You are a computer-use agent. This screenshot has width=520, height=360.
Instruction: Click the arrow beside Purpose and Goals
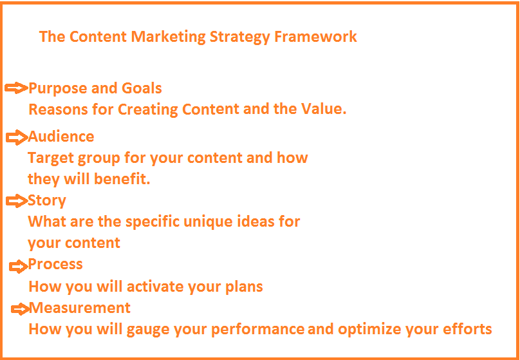pos(17,88)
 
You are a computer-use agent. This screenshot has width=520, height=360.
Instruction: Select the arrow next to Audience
pos(17,137)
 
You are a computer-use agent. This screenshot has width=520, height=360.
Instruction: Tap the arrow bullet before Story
pos(17,201)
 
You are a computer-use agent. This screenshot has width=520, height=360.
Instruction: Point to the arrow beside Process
pos(19,266)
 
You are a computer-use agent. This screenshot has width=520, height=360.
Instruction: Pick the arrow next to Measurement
pos(20,309)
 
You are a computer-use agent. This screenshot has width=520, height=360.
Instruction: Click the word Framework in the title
pos(315,36)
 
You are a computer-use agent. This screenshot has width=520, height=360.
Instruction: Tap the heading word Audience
pos(61,137)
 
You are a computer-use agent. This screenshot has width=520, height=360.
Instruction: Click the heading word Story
pos(47,201)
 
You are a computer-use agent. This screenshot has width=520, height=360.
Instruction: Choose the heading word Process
pos(55,264)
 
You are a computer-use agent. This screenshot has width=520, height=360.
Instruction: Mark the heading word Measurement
pos(80,308)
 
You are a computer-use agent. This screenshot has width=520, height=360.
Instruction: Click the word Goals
pos(142,88)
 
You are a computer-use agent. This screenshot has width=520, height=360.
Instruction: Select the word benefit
pos(122,179)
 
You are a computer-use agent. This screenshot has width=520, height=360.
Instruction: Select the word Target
pos(50,158)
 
